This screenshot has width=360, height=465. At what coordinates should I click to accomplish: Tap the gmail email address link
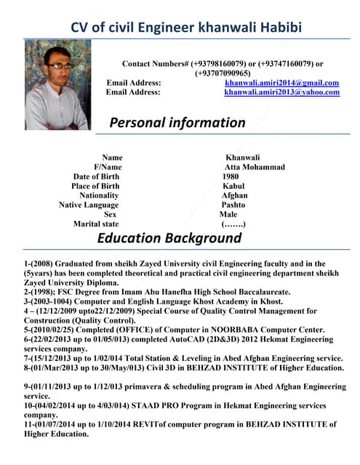tap(281, 83)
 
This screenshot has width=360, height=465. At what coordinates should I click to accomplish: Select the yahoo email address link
tap(281, 92)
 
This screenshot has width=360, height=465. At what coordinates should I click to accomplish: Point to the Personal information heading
tap(177, 122)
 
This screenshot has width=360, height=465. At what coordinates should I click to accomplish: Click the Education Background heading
tap(169, 238)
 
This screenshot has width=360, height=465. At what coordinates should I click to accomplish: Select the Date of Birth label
tap(96, 177)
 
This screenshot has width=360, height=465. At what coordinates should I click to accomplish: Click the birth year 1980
tap(230, 177)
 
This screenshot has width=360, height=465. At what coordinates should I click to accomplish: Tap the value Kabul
tap(233, 186)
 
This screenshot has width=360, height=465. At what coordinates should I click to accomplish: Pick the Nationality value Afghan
tap(236, 195)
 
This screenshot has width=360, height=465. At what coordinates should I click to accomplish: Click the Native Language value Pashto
tap(233, 205)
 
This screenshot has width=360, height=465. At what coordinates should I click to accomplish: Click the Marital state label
tap(95, 224)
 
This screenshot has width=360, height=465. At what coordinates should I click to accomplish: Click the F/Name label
tap(108, 167)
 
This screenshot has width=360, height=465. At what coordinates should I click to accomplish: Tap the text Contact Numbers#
tap(155, 64)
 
